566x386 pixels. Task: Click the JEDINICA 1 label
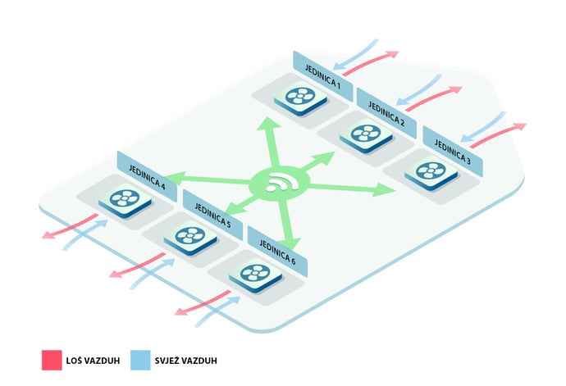(322, 76)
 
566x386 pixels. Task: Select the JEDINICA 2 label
(386, 113)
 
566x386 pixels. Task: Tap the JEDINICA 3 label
(452, 152)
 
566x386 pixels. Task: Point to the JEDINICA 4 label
(147, 177)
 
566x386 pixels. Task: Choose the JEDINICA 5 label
(212, 216)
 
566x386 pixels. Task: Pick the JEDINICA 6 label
(277, 252)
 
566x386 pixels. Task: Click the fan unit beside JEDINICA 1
(300, 98)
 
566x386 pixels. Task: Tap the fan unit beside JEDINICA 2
(366, 135)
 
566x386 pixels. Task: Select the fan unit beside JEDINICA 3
(431, 172)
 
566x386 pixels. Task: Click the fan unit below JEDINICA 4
(125, 200)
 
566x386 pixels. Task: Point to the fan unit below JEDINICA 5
(190, 238)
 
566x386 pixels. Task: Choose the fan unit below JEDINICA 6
(255, 275)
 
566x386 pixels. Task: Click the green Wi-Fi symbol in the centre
(280, 184)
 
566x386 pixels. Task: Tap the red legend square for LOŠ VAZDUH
(52, 360)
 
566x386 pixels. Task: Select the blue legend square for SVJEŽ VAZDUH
(140, 360)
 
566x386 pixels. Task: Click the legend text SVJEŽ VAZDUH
(186, 361)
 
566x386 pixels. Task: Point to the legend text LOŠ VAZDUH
(93, 361)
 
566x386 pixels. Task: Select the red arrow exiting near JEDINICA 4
(69, 226)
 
